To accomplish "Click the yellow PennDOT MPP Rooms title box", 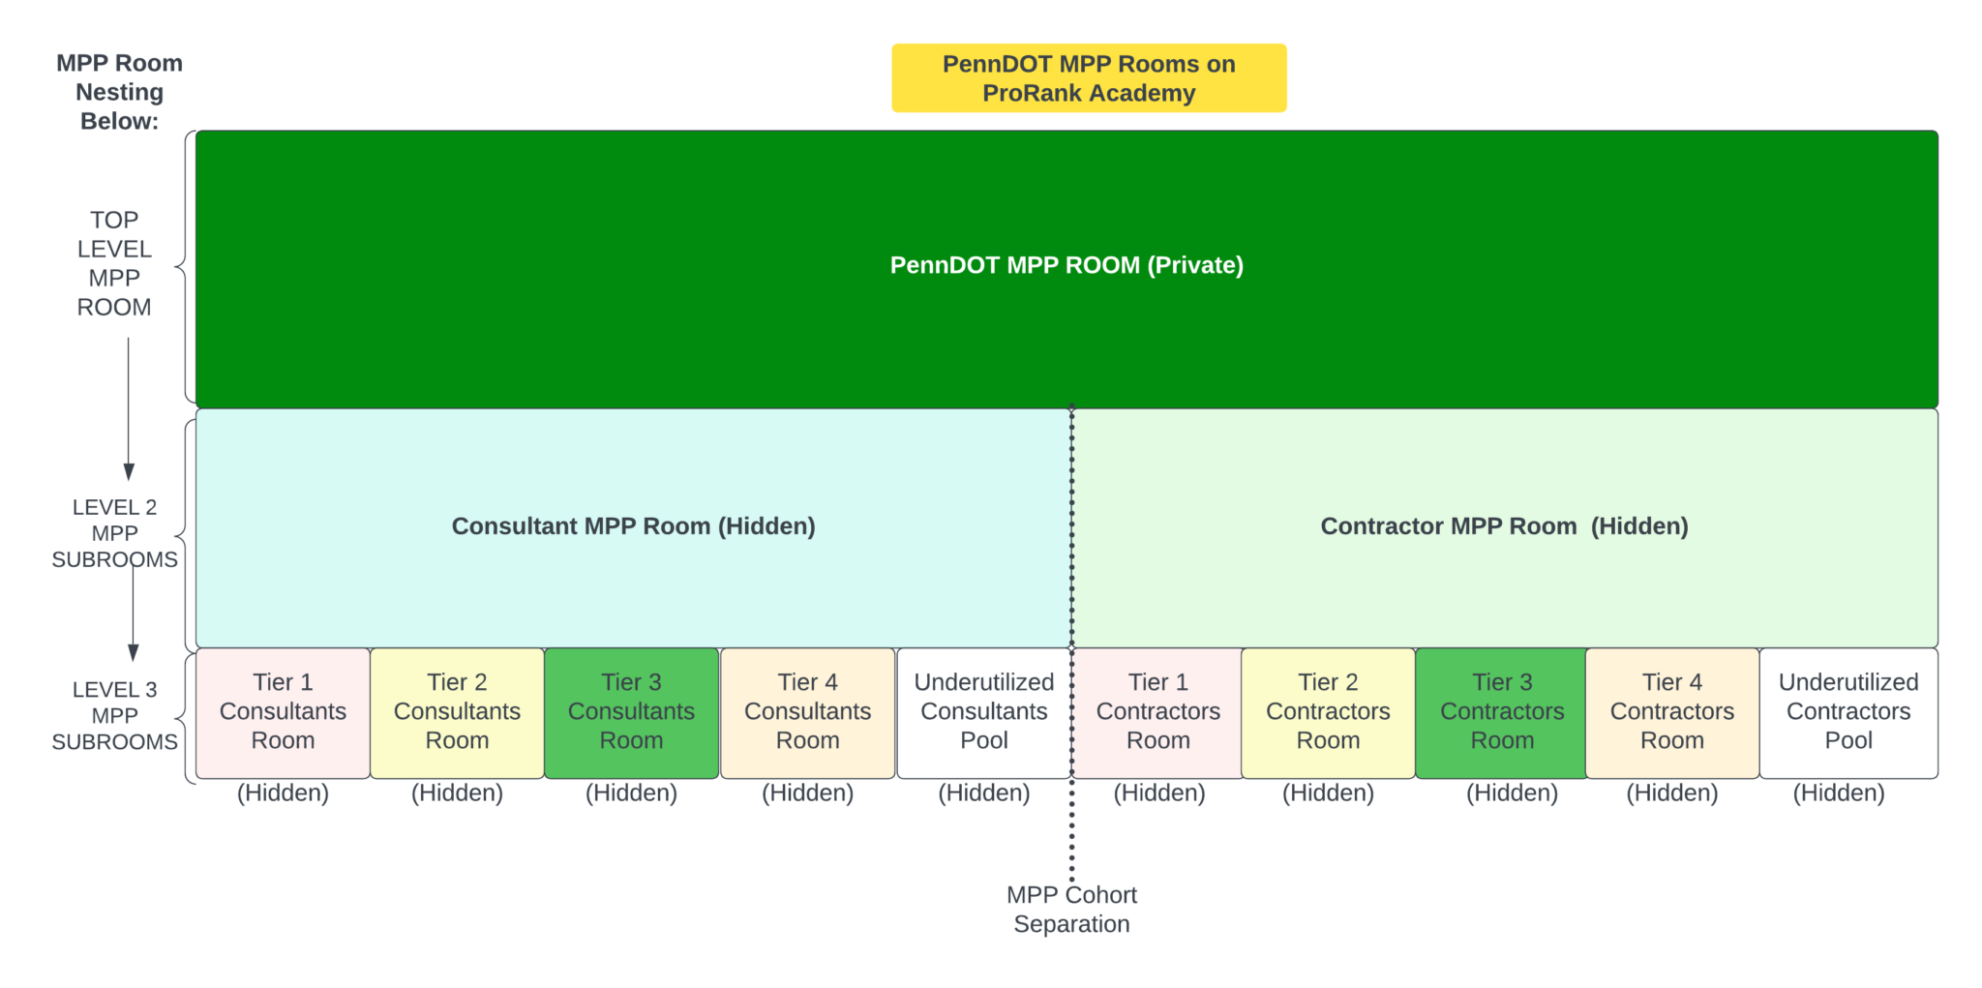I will tap(1089, 78).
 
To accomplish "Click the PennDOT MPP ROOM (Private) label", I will tap(1066, 265).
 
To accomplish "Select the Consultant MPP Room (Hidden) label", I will tap(633, 526).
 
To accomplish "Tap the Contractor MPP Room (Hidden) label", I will tap(1504, 526).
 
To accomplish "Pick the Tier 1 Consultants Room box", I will tap(283, 712).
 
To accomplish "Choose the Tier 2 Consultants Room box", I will tap(457, 712).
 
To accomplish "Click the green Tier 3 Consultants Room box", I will tap(631, 712).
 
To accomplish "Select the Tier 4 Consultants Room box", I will tap(807, 712).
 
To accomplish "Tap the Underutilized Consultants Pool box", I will tap(983, 712).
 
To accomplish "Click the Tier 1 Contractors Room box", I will tap(1157, 712).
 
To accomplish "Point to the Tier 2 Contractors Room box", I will tap(1328, 712).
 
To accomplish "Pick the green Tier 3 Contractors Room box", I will tap(1502, 712).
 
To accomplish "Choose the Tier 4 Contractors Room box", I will tap(1671, 712).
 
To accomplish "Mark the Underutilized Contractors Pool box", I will tap(1848, 712).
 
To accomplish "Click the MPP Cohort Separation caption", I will tap(1071, 910).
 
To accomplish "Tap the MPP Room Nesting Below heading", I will tap(119, 93).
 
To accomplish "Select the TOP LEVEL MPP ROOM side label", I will tap(114, 264).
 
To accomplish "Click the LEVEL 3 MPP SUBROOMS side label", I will tap(114, 716).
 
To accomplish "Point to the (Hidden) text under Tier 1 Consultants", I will tap(283, 793).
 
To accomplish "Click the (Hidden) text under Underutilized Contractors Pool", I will tap(1838, 793).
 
